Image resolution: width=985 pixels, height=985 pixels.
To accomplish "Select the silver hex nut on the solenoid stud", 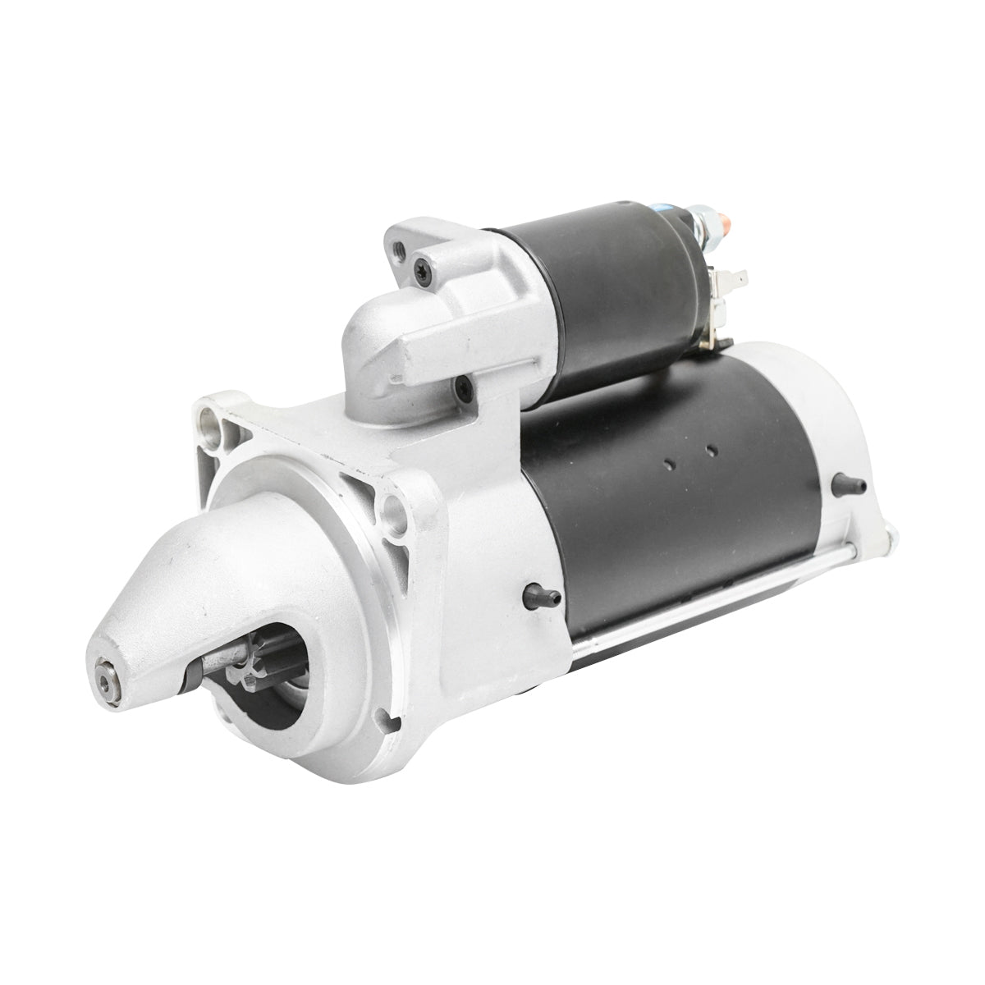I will tap(699, 219).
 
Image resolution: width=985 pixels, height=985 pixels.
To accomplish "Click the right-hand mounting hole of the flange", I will tap(396, 509).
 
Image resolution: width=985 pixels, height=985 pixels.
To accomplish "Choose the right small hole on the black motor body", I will tap(711, 451).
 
